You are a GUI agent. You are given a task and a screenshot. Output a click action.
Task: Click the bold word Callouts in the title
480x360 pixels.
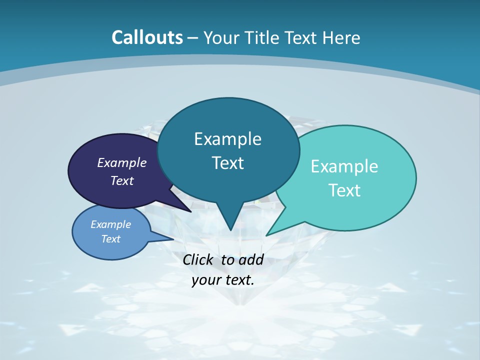point(147,37)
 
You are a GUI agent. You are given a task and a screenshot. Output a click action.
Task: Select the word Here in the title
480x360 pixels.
point(341,37)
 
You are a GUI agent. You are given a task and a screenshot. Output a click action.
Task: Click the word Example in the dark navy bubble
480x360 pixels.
point(122,162)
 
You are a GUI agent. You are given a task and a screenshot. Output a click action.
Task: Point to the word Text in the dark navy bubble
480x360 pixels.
point(122,180)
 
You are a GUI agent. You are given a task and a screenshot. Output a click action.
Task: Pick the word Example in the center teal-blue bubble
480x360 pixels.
point(227,138)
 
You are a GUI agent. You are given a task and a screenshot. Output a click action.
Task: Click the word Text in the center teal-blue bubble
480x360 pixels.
point(227,162)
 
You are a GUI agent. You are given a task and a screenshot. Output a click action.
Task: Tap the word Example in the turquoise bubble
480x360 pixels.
point(344,166)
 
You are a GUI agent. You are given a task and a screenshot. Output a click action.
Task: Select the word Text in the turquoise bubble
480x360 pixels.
point(344,190)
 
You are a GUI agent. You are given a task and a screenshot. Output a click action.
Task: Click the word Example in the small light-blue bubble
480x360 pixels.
point(111,224)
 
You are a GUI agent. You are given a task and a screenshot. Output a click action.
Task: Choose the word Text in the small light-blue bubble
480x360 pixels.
point(111,239)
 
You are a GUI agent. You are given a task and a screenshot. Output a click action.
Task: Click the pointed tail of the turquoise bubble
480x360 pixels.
point(268,234)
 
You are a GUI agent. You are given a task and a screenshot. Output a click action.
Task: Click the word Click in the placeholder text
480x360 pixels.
point(198,259)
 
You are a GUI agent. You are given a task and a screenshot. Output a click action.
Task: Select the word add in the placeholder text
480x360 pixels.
point(251,259)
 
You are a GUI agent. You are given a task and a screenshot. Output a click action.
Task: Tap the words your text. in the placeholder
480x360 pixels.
point(223,280)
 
